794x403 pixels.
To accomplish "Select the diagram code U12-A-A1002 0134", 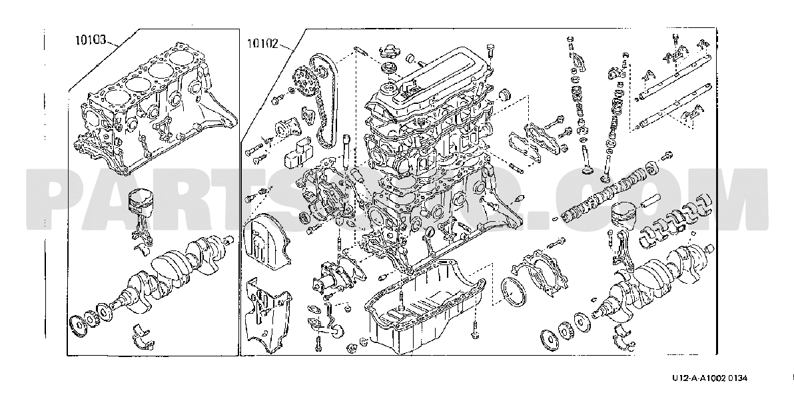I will pyautogui.click(x=709, y=378).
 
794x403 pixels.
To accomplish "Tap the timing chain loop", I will pyautogui.click(x=324, y=100).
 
